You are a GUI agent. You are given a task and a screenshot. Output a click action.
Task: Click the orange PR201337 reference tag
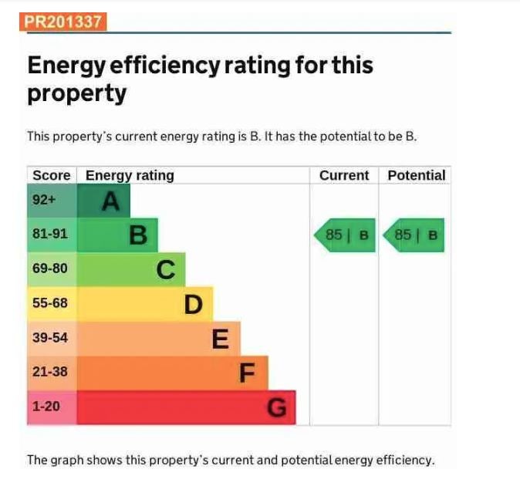pyautogui.click(x=63, y=22)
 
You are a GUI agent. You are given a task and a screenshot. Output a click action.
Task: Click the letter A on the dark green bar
pyautogui.click(x=111, y=201)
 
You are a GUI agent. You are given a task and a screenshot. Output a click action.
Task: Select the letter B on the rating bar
pyautogui.click(x=138, y=235)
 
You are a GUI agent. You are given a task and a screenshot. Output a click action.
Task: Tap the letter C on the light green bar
pyautogui.click(x=166, y=269)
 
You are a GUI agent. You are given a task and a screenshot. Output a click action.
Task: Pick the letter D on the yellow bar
pyautogui.click(x=193, y=304)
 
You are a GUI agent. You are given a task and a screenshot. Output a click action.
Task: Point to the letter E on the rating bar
pyautogui.click(x=221, y=339)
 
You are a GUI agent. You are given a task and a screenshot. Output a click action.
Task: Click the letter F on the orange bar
pyautogui.click(x=247, y=373)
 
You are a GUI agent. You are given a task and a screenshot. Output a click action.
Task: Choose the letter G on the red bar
pyautogui.click(x=276, y=407)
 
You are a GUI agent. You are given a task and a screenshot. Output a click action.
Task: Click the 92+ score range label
pyautogui.click(x=44, y=200)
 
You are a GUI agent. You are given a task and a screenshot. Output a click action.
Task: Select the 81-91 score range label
pyautogui.click(x=50, y=234)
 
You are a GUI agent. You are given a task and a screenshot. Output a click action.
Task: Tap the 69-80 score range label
pyautogui.click(x=50, y=268)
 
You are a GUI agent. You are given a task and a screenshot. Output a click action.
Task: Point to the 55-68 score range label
pyautogui.click(x=50, y=303)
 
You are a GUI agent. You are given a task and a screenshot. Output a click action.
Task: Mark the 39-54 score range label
pyautogui.click(x=50, y=337)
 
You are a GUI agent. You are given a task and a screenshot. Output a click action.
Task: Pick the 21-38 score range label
pyautogui.click(x=50, y=371)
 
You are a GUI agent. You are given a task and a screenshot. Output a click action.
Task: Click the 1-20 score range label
pyautogui.click(x=46, y=406)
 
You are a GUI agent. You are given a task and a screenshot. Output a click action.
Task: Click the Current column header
pyautogui.click(x=344, y=175)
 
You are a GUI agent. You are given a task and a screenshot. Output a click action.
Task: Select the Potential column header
pyautogui.click(x=417, y=175)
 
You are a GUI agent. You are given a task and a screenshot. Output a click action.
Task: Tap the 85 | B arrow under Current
pyautogui.click(x=345, y=235)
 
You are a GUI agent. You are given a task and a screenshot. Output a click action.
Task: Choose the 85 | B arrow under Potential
pyautogui.click(x=414, y=235)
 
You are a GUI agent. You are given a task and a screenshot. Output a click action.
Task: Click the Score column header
pyautogui.click(x=52, y=175)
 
